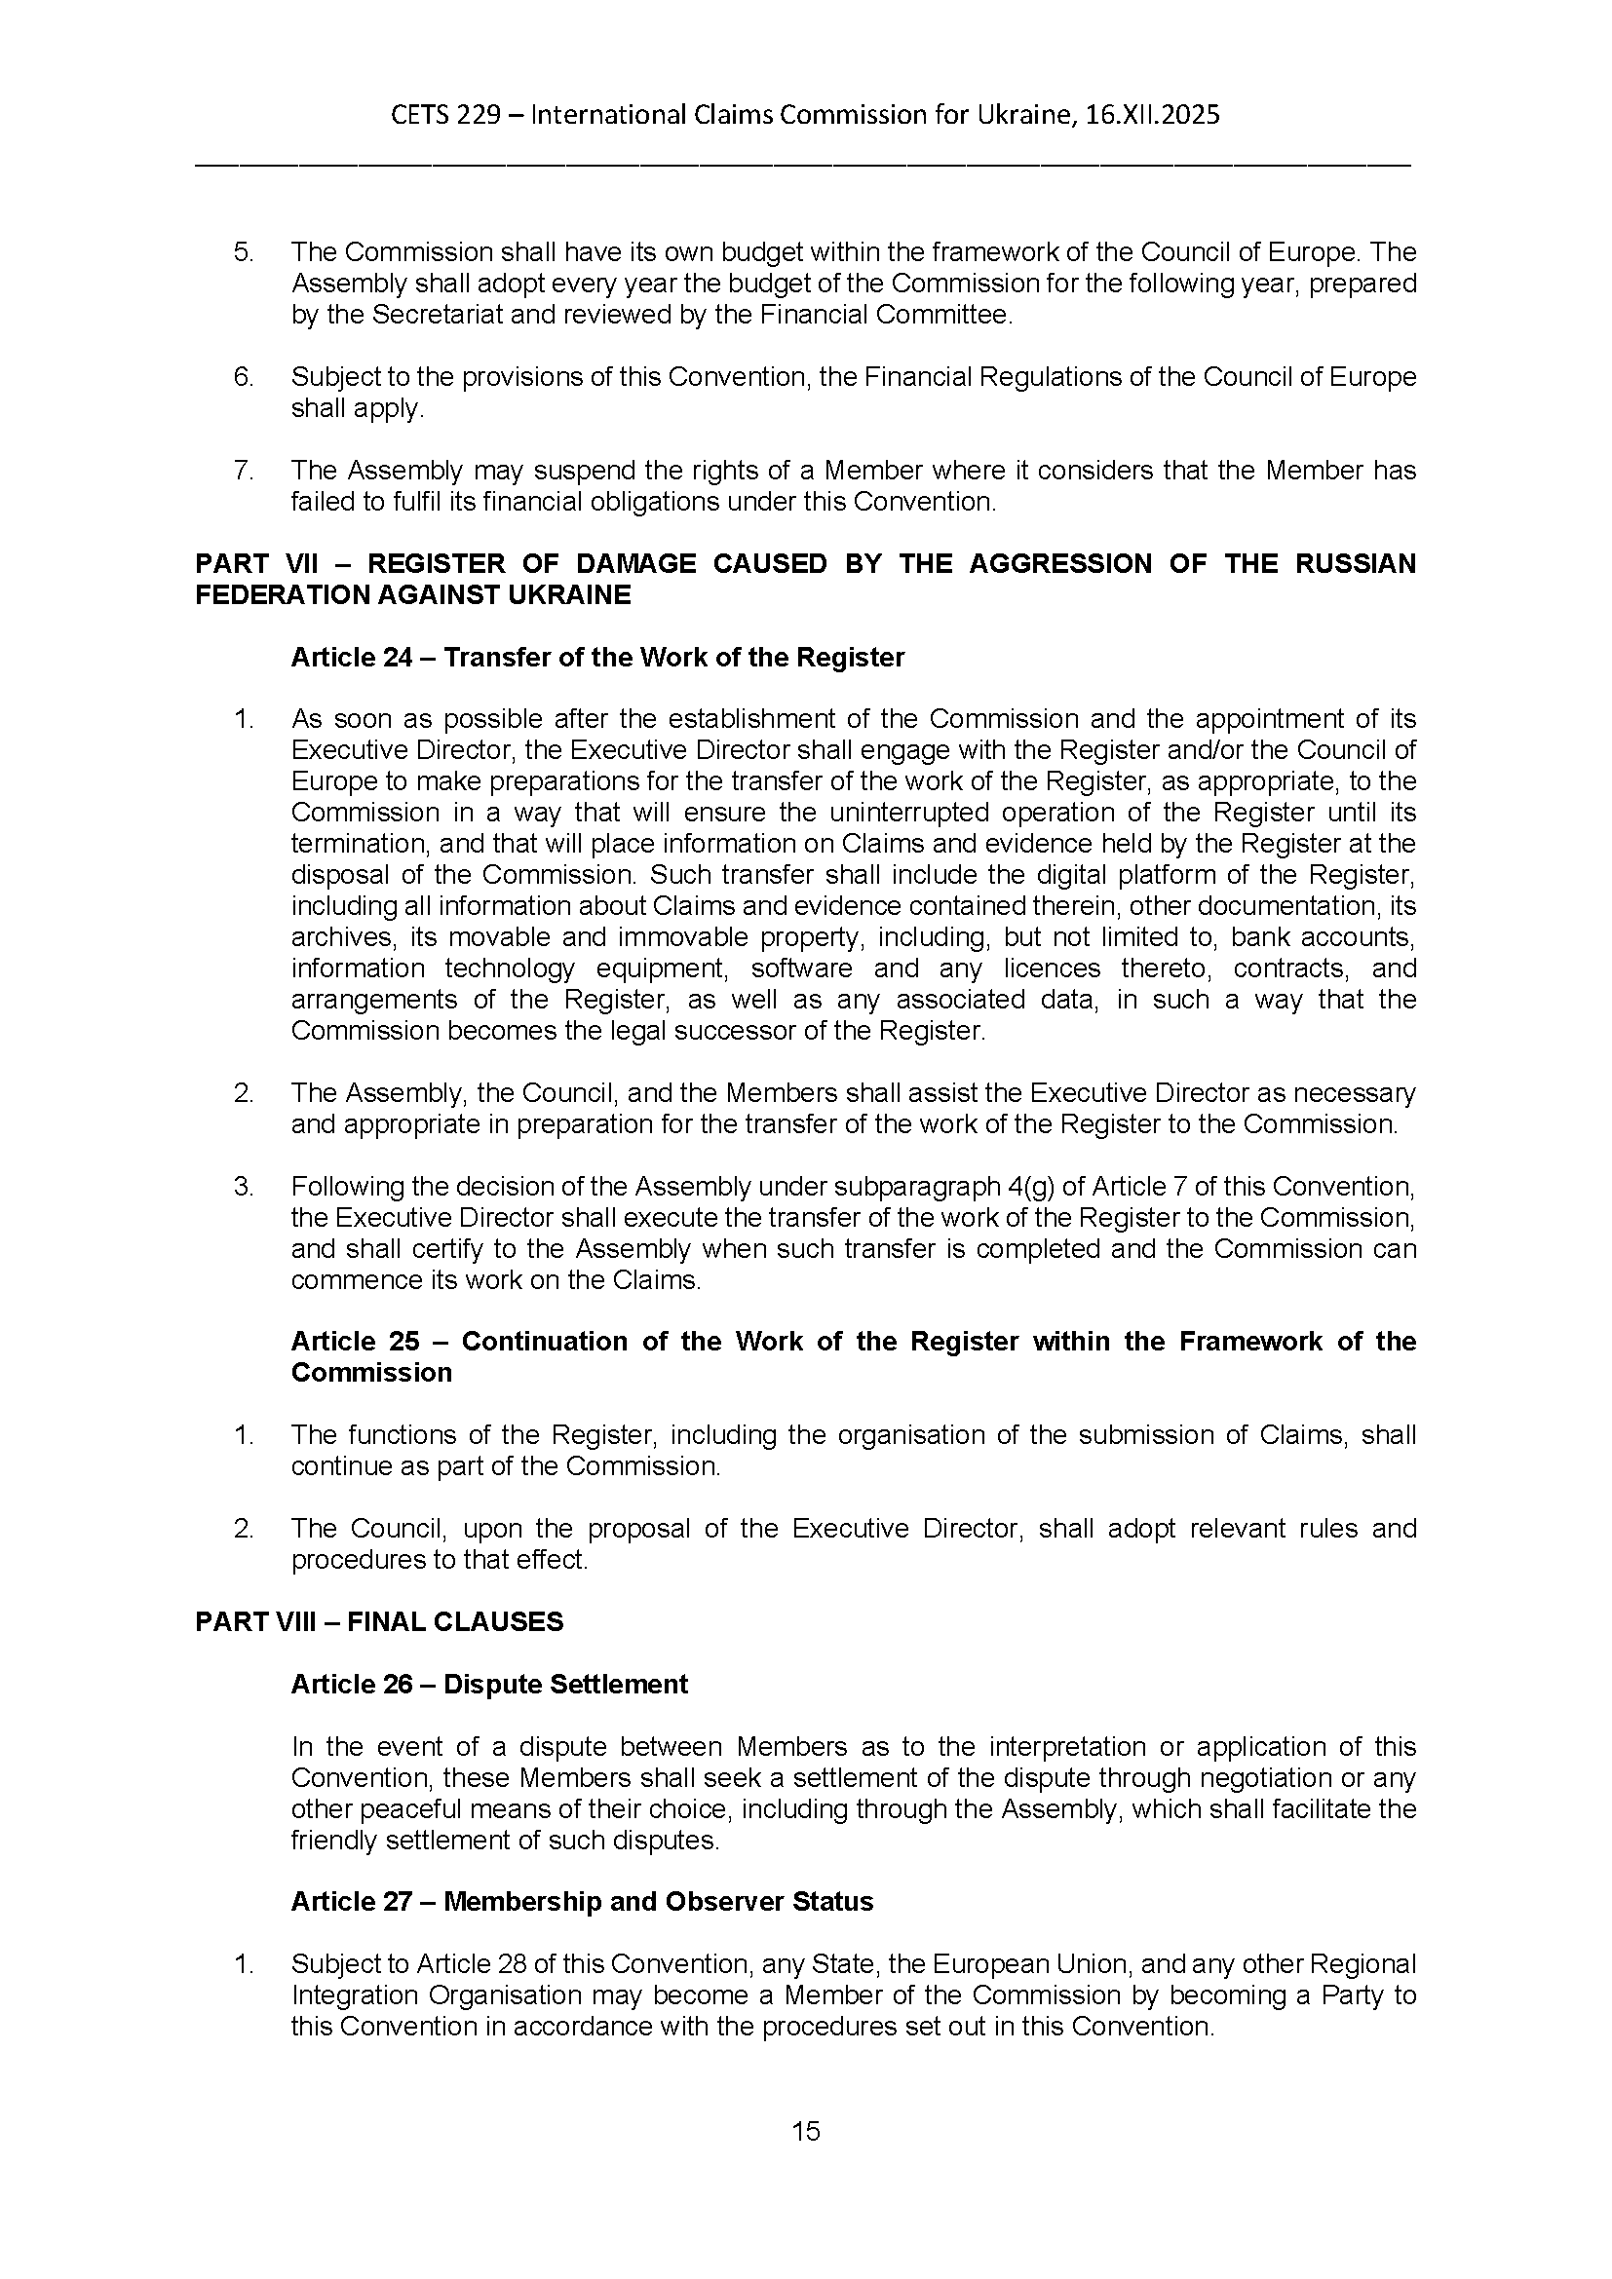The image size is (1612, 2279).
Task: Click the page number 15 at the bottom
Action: pos(806,2131)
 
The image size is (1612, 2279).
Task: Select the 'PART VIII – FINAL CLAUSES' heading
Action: pos(379,1622)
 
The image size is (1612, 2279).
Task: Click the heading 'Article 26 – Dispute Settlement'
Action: pos(488,1685)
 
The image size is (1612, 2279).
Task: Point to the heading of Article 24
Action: pos(596,658)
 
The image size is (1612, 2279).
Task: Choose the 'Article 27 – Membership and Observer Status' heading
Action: pos(582,1902)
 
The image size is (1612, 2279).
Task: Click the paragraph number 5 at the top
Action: pos(243,252)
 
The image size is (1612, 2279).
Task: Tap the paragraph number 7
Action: pos(243,471)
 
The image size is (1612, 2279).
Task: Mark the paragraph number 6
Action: pos(243,377)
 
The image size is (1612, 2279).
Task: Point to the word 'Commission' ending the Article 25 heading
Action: pos(371,1373)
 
